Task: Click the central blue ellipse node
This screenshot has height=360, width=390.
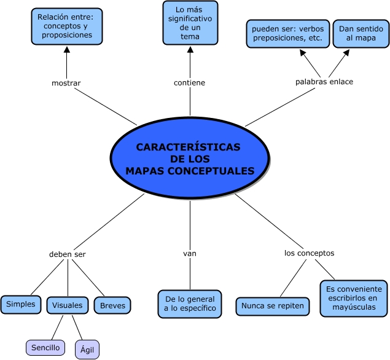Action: pyautogui.click(x=190, y=158)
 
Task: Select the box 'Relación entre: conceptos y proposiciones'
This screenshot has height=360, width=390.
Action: pyautogui.click(x=67, y=26)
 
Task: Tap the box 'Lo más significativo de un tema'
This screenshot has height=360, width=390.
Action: pyautogui.click(x=190, y=23)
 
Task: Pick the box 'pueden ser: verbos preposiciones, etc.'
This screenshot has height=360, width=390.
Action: pyautogui.click(x=288, y=34)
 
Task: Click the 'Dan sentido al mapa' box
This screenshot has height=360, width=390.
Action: pyautogui.click(x=361, y=34)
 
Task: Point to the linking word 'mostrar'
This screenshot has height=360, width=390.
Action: pyautogui.click(x=66, y=83)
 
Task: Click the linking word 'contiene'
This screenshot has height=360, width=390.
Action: pyautogui.click(x=190, y=82)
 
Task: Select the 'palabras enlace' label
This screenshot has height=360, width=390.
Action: pyautogui.click(x=324, y=82)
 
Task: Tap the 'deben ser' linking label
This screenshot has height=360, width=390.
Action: pyautogui.click(x=68, y=254)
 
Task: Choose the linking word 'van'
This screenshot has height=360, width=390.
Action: pyautogui.click(x=190, y=254)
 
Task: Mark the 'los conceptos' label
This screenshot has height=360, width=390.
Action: pyautogui.click(x=309, y=253)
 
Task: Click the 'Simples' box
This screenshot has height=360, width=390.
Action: pyautogui.click(x=21, y=305)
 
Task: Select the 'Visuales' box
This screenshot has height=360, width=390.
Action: pyautogui.click(x=68, y=305)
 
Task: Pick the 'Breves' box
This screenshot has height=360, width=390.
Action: pyautogui.click(x=112, y=305)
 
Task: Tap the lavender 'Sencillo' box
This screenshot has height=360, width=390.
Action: pyautogui.click(x=45, y=348)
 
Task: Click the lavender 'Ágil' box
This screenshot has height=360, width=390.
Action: pyautogui.click(x=87, y=350)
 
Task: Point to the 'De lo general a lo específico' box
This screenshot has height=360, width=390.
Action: pyautogui.click(x=190, y=303)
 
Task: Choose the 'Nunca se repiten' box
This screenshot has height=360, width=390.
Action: pyautogui.click(x=273, y=307)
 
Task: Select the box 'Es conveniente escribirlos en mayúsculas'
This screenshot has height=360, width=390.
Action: pyautogui.click(x=354, y=299)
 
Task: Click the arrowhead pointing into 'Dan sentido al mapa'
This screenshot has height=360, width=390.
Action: pyautogui.click(x=346, y=53)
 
